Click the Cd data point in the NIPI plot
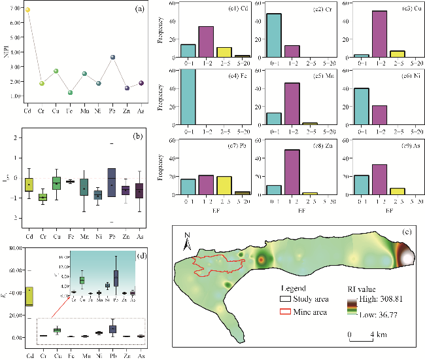pyautogui.click(x=27, y=10)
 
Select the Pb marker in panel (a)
pyautogui.click(x=113, y=58)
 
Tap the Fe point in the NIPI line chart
pyautogui.click(x=70, y=92)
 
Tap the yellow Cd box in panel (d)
pyautogui.click(x=29, y=296)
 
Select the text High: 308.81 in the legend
pyautogui.click(x=379, y=298)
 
